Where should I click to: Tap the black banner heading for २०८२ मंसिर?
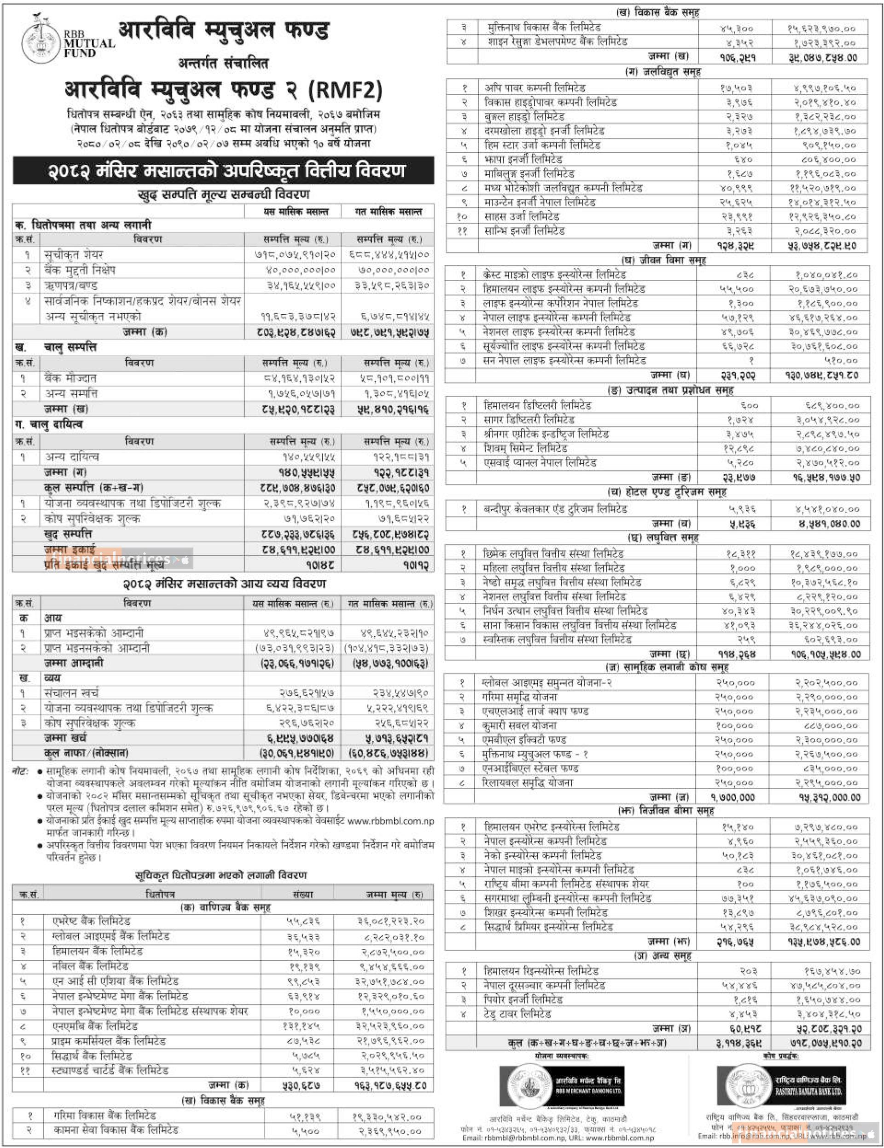(223, 171)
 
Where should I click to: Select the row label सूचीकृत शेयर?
(74, 255)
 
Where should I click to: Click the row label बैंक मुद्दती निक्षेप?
(80, 270)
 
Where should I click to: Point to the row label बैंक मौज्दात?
(70, 378)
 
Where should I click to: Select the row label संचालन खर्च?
(71, 693)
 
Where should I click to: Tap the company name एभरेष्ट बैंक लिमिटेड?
(91, 921)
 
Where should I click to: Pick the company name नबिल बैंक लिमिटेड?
(90, 966)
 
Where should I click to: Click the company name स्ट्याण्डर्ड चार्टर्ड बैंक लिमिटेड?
(110, 1070)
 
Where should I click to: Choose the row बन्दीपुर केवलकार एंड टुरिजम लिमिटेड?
(555, 509)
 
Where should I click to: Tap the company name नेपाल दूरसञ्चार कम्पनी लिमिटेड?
(544, 985)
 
